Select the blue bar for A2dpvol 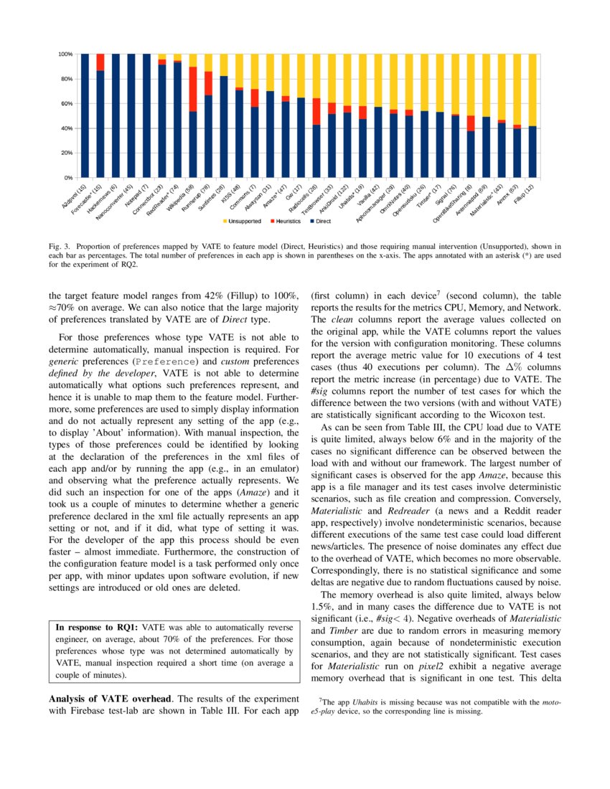(x=84, y=115)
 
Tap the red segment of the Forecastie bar (x=100, y=62)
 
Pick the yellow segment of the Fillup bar (x=532, y=90)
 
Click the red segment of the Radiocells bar (x=316, y=111)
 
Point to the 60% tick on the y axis (x=65, y=103)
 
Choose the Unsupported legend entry (x=245, y=221)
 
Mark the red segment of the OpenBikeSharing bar (x=470, y=123)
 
